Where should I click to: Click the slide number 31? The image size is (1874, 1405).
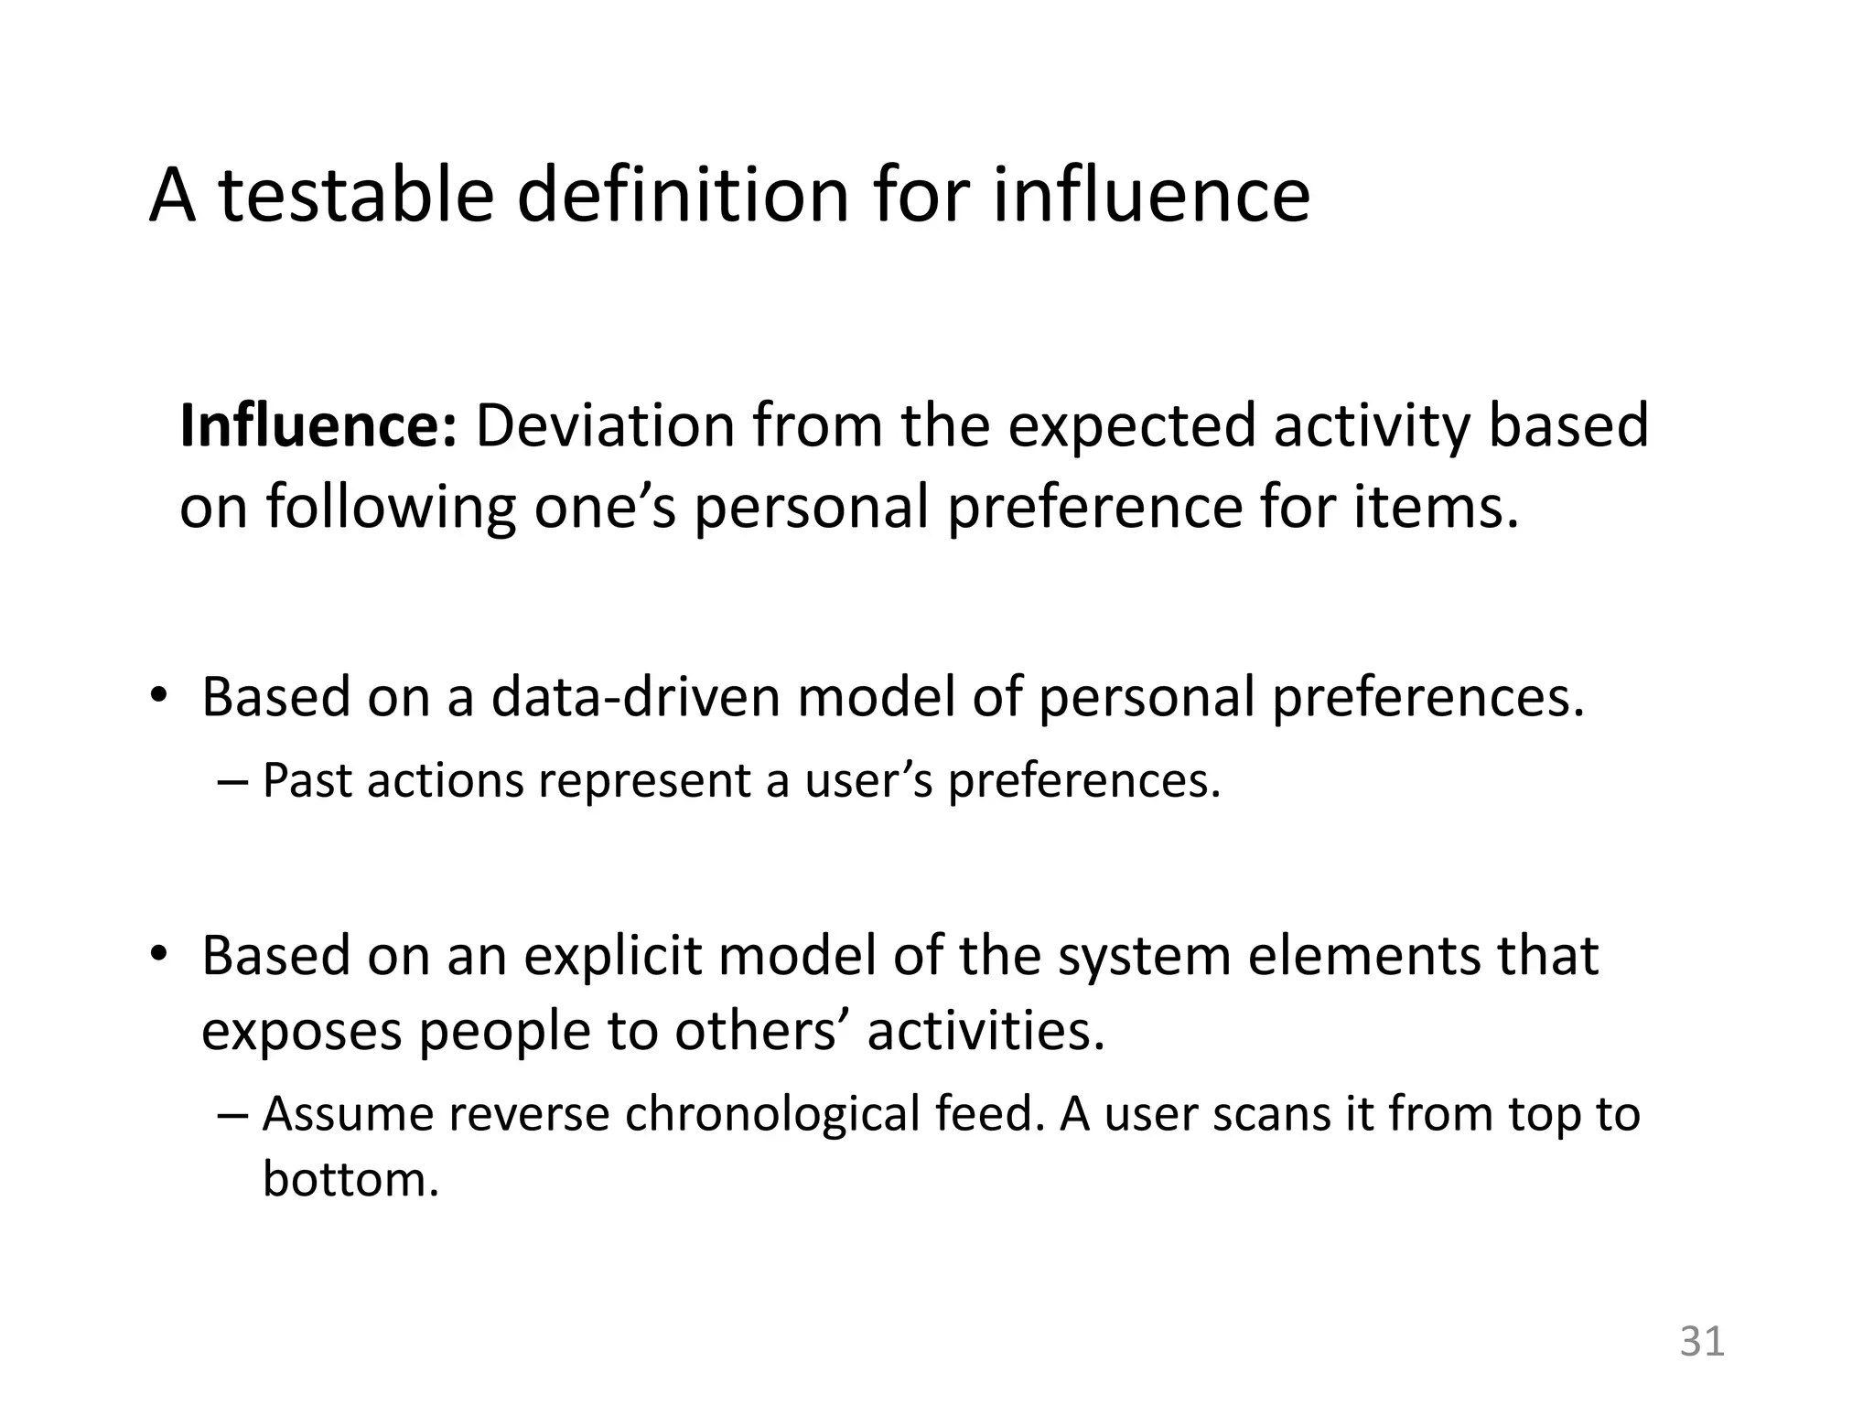click(x=1702, y=1342)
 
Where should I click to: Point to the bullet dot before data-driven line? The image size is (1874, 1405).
click(x=159, y=695)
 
